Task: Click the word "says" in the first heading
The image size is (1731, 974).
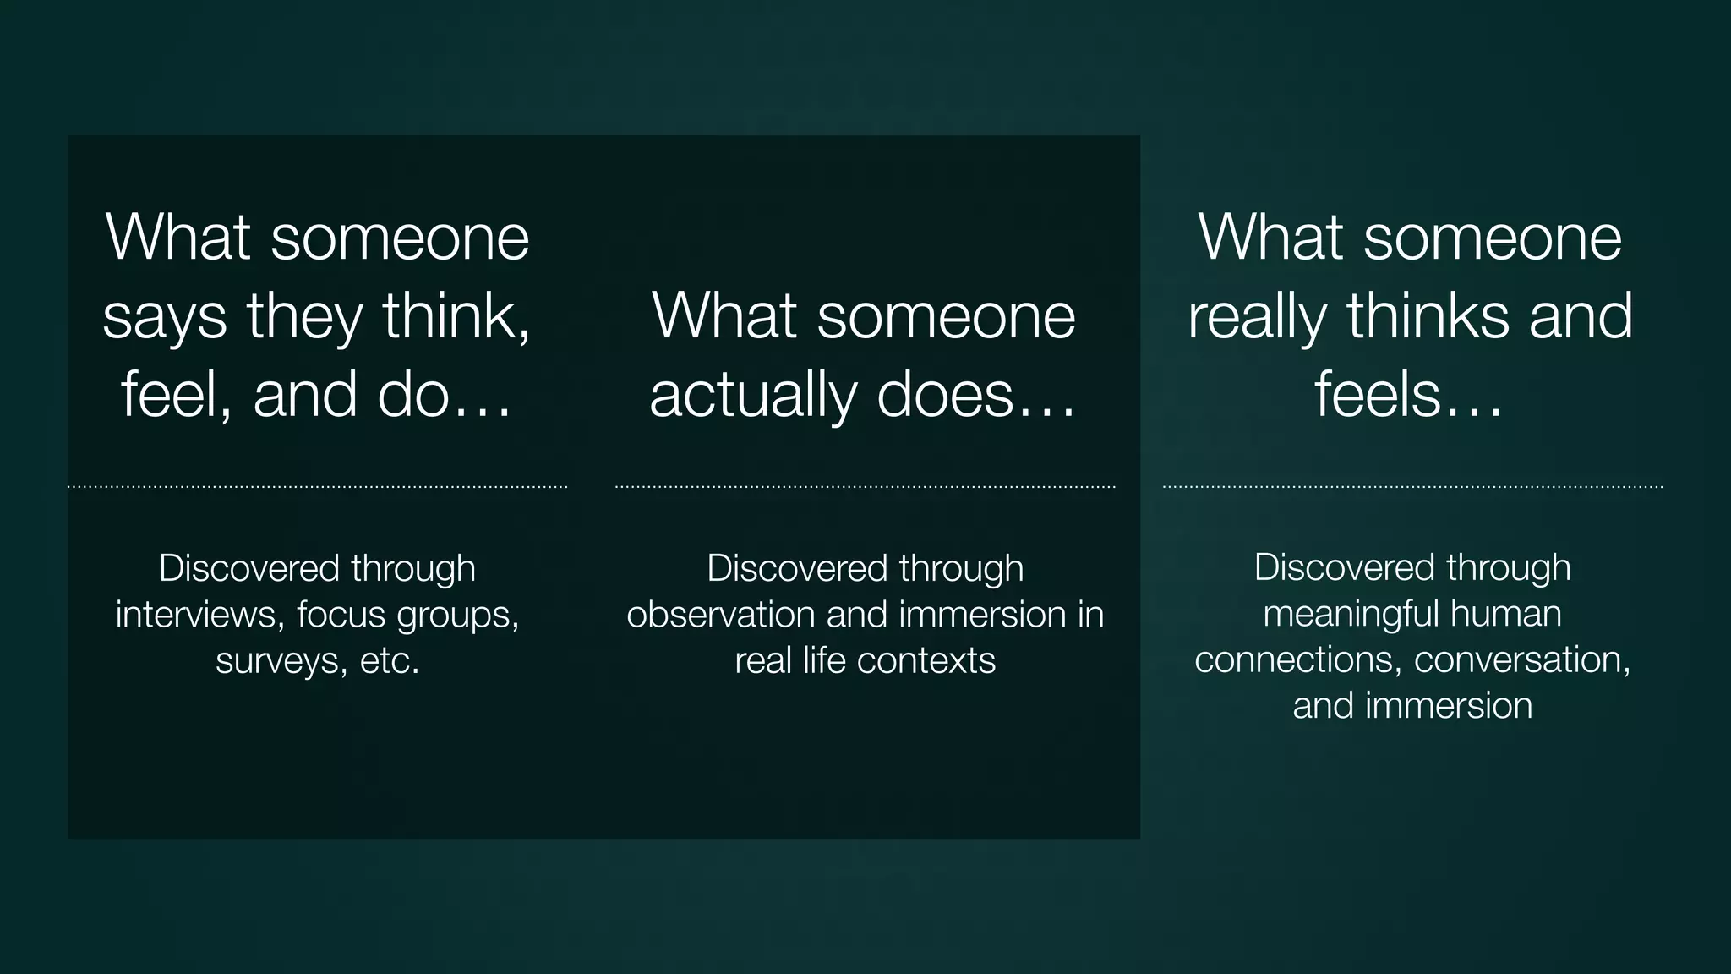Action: (x=165, y=317)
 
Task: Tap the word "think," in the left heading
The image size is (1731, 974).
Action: (x=456, y=315)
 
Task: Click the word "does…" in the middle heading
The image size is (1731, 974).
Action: (x=976, y=395)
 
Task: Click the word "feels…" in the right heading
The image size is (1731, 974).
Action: (x=1409, y=395)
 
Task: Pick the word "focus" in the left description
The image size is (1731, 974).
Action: (x=341, y=615)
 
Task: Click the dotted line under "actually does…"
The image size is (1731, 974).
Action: (x=865, y=487)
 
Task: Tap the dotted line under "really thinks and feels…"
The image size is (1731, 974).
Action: (x=1412, y=487)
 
